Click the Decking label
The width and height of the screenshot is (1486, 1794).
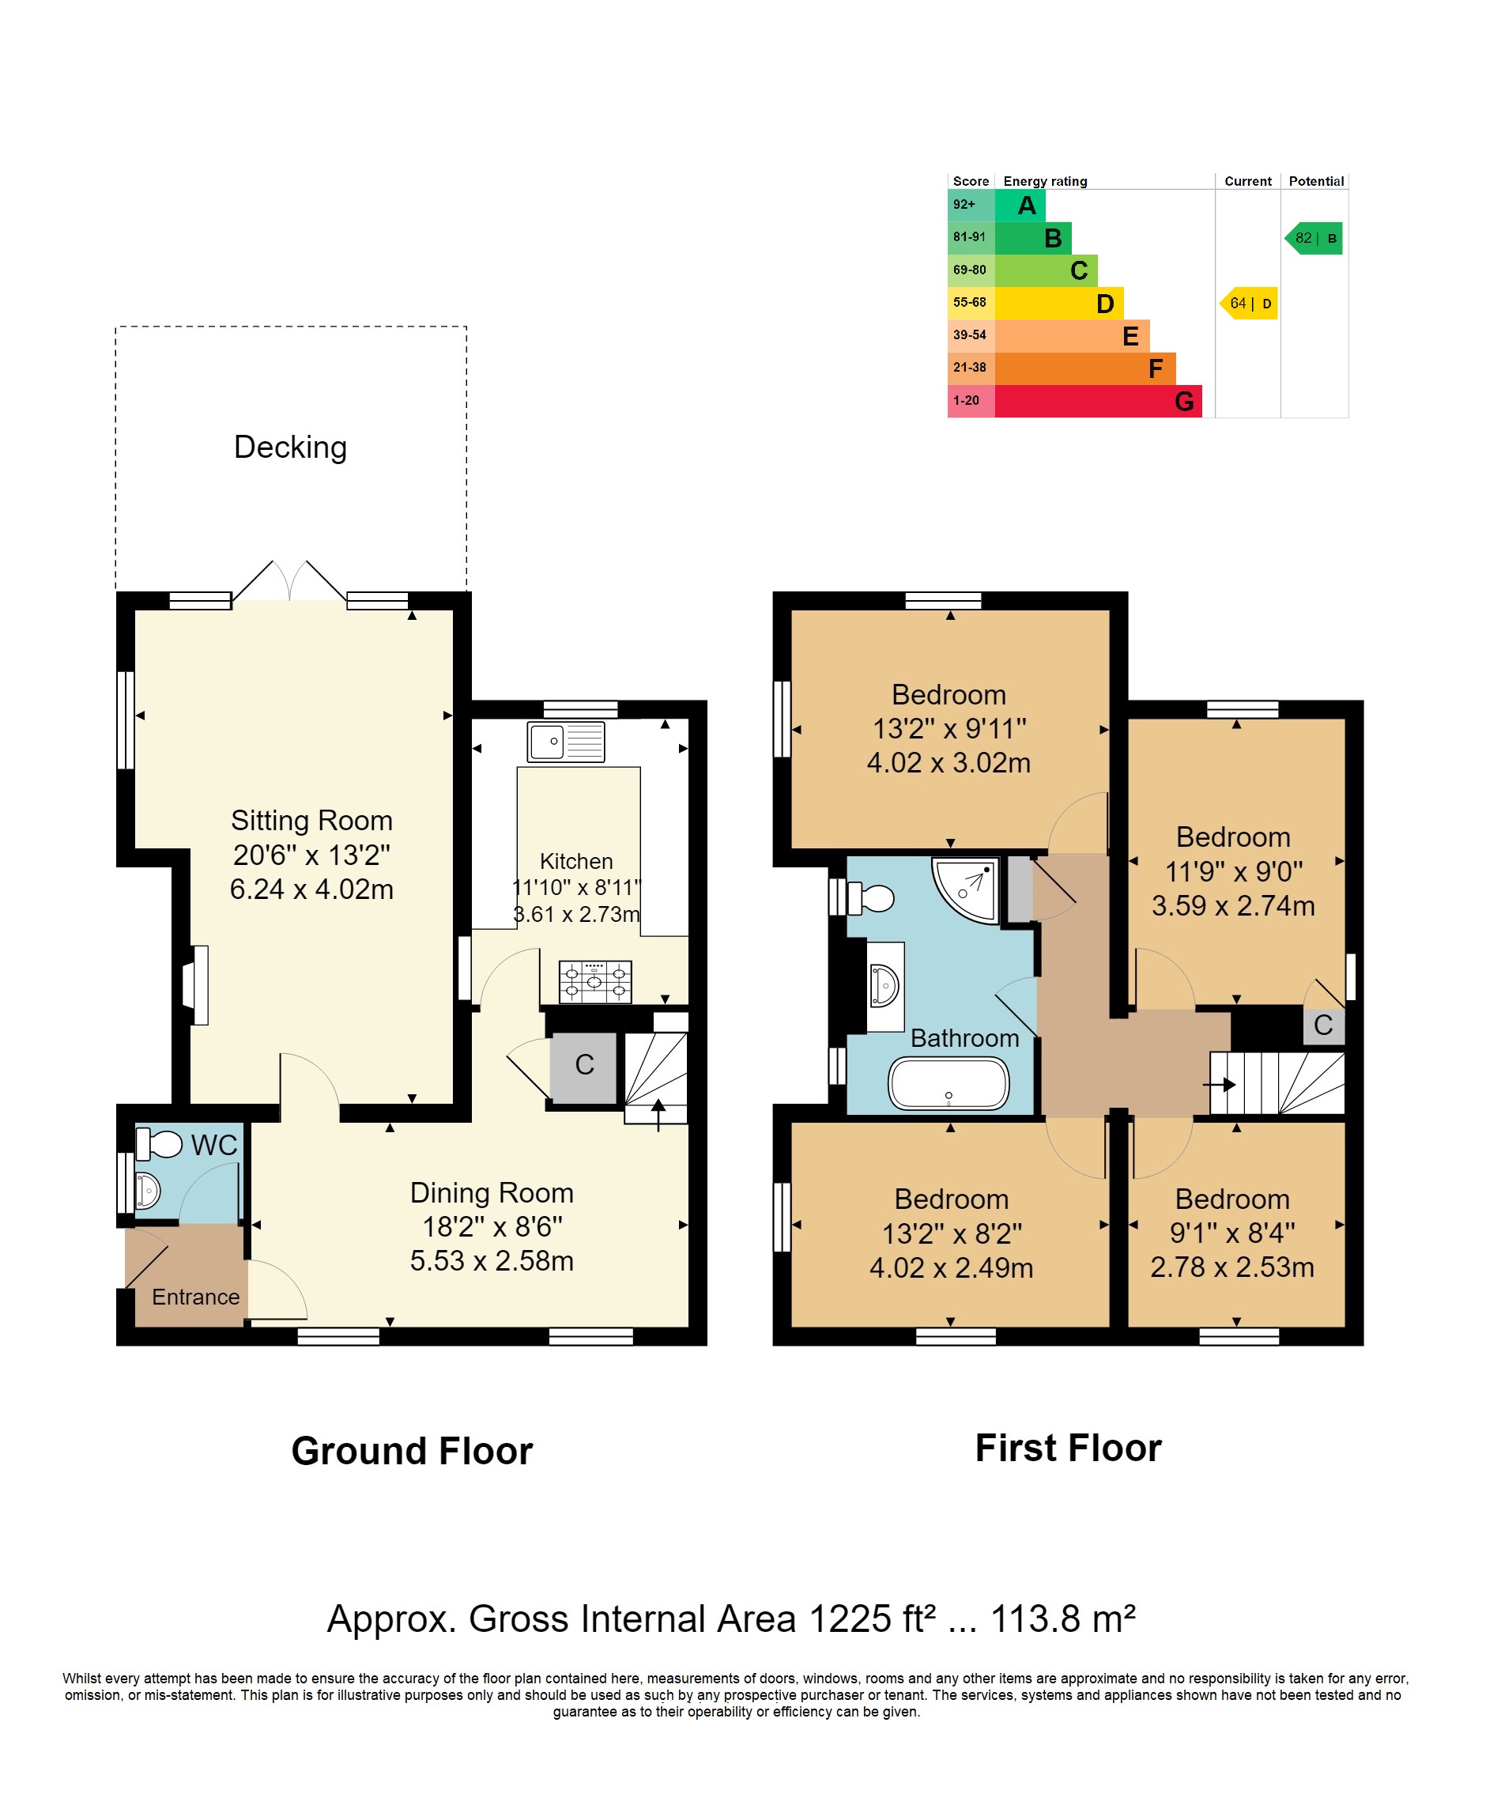(290, 448)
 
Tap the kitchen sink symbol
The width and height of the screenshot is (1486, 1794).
(565, 742)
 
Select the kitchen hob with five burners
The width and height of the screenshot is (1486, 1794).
(595, 981)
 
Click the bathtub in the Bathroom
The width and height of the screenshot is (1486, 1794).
(948, 1084)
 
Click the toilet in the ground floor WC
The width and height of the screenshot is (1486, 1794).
(160, 1144)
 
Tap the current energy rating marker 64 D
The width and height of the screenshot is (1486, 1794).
(1250, 304)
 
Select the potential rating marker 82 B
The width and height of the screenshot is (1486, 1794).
(1314, 238)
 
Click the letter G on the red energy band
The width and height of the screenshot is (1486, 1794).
(1184, 402)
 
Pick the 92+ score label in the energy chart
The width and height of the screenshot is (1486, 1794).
(964, 204)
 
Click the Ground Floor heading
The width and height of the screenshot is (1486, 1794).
(412, 1452)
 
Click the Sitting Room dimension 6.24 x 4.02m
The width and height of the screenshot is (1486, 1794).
(311, 889)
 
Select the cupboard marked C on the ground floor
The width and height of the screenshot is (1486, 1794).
(584, 1065)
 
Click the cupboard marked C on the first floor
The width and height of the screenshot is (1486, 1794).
(1323, 1025)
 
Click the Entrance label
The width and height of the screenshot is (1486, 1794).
(195, 1297)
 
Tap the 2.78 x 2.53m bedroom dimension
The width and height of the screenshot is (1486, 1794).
(1231, 1267)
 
